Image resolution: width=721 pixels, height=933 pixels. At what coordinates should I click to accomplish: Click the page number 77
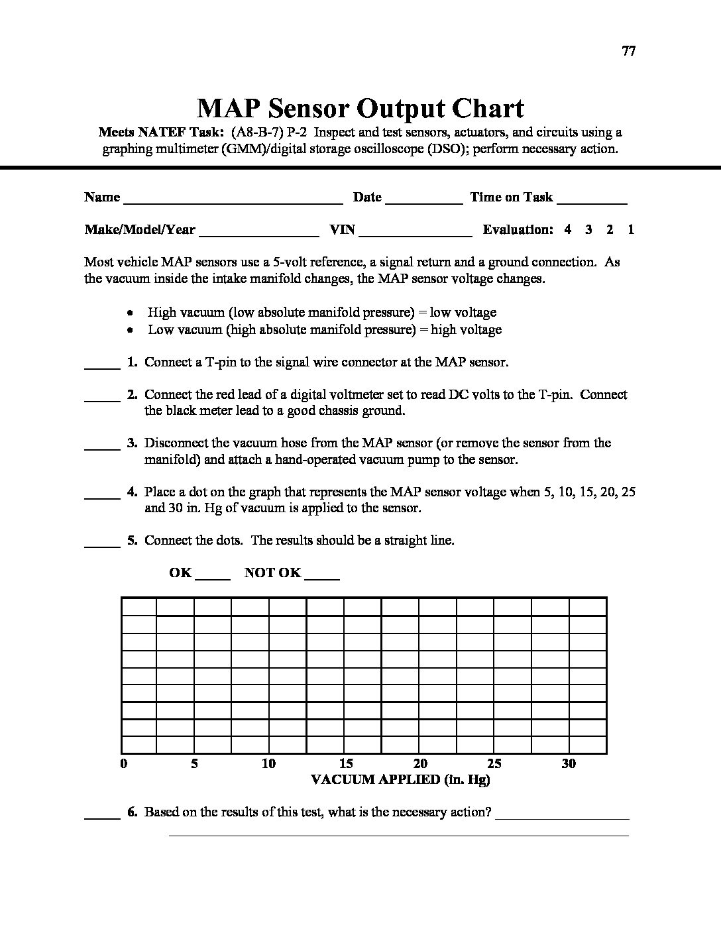click(629, 51)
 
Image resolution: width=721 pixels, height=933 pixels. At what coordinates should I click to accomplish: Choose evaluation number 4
click(568, 230)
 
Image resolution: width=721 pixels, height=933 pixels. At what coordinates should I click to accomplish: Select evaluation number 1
click(631, 230)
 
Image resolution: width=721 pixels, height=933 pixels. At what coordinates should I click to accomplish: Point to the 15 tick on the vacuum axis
click(346, 764)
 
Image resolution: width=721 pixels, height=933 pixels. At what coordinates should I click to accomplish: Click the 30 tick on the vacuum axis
click(569, 764)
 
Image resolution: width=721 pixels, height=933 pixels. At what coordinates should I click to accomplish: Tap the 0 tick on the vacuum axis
click(124, 764)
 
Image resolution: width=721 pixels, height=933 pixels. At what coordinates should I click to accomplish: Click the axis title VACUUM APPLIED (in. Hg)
click(400, 780)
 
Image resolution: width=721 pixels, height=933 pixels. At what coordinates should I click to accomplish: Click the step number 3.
click(133, 443)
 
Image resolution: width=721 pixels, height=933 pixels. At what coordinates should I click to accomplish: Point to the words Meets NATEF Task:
click(162, 132)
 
